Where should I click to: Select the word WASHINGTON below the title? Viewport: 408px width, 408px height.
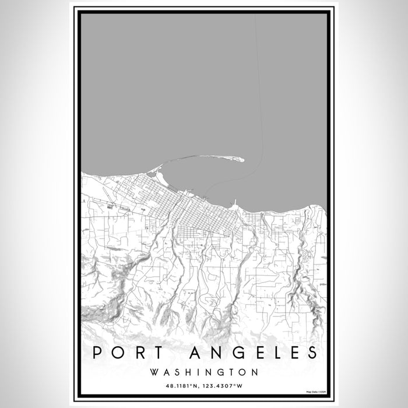[204, 371]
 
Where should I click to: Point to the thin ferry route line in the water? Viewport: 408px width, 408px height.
[261, 117]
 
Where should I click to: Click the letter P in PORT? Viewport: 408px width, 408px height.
[96, 353]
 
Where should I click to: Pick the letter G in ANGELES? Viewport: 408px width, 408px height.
[230, 353]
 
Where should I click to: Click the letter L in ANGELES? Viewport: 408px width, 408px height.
[273, 353]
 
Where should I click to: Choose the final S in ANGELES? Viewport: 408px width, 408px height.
[313, 353]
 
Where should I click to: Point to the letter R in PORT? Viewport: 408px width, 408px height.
[138, 353]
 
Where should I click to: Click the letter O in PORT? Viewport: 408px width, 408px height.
[117, 353]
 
